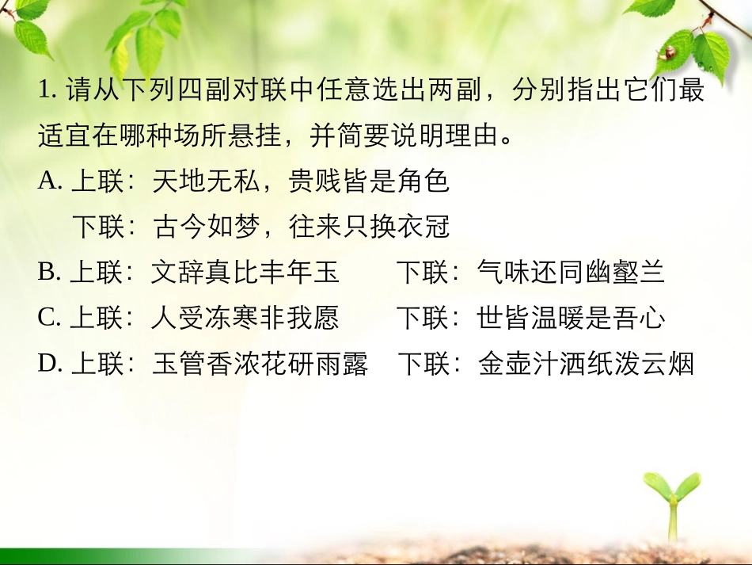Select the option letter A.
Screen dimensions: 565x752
coord(49,182)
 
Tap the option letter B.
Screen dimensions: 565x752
coord(49,273)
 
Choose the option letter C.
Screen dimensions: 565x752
coord(49,319)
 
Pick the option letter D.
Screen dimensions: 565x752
coord(49,364)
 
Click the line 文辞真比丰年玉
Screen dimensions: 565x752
coord(245,273)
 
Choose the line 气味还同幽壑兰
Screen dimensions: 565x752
coord(571,273)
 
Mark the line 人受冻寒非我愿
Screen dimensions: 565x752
coord(245,319)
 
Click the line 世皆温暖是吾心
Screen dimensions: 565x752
coord(571,319)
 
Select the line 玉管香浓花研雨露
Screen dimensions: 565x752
coord(259,364)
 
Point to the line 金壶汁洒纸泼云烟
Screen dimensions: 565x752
coord(586,364)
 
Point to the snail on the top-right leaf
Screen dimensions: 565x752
coord(668,52)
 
